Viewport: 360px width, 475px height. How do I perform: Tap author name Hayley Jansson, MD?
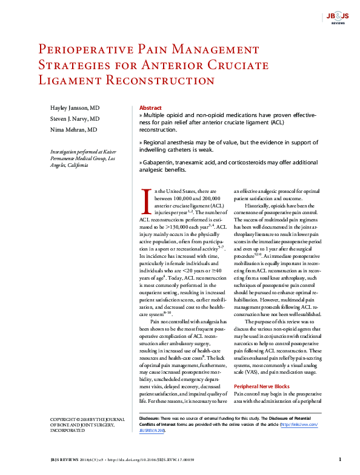pos(75,107)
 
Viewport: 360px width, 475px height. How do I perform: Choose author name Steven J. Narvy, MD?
pos(75,119)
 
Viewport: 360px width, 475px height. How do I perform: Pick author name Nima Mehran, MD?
pos(73,130)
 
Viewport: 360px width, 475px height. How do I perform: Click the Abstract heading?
pos(150,107)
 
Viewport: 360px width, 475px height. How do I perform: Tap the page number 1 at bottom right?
pos(340,459)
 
